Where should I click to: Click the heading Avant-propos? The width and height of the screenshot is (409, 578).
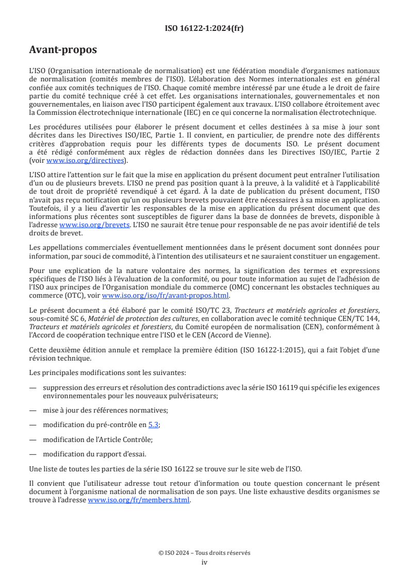pos(63,50)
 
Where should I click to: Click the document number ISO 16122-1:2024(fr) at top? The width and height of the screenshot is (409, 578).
pos(204,28)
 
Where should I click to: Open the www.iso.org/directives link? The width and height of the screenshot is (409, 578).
pos(86,160)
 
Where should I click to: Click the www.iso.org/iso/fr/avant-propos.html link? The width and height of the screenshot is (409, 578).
pos(166,295)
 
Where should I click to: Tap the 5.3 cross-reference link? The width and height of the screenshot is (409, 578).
pos(154,424)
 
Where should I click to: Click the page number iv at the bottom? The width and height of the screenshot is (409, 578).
pos(204,562)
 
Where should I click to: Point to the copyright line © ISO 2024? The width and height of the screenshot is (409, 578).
pos(204,553)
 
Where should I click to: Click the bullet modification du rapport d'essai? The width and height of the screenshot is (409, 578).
pos(95,454)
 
